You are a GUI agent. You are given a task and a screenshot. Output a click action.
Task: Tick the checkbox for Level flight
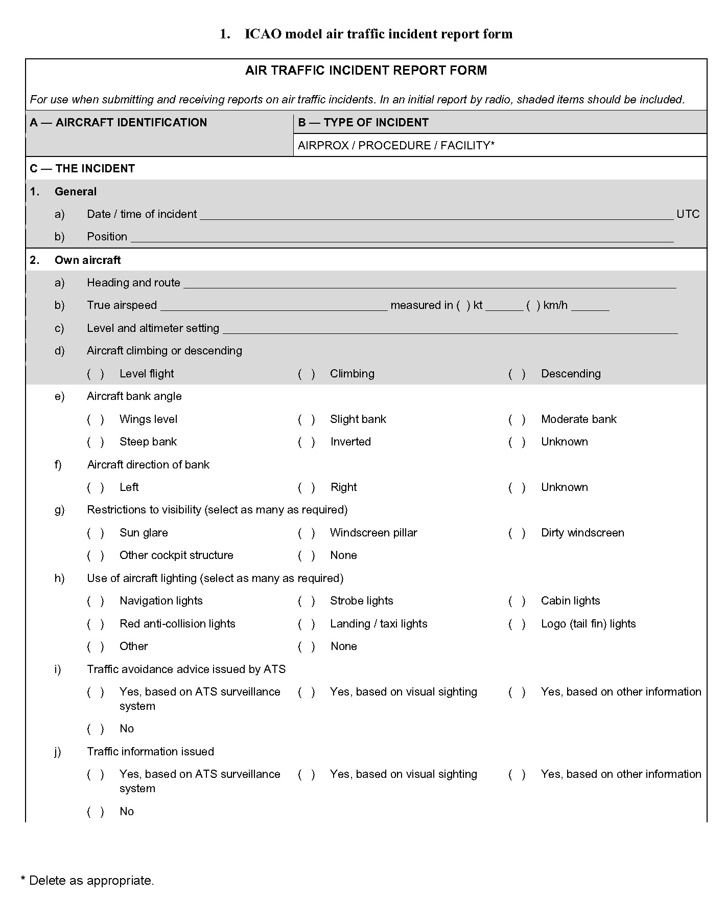click(x=96, y=374)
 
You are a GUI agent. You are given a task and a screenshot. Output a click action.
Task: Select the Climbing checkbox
click(x=307, y=374)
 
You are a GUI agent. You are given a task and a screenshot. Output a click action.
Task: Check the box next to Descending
click(x=517, y=374)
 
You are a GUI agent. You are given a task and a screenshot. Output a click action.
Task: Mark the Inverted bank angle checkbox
click(x=307, y=442)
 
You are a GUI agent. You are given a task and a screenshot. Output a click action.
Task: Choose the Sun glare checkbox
click(x=96, y=533)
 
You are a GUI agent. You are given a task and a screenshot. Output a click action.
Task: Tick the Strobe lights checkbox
click(x=307, y=601)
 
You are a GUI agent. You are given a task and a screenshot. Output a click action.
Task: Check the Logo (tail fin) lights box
click(x=517, y=624)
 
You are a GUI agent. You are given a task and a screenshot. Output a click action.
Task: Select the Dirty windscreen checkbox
click(x=517, y=533)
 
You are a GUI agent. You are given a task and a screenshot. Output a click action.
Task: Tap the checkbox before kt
click(x=464, y=306)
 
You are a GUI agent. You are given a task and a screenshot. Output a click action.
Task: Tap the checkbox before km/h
click(x=533, y=306)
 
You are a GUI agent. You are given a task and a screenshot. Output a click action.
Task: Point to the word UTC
click(x=688, y=214)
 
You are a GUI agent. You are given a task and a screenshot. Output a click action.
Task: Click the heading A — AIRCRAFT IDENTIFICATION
click(x=119, y=123)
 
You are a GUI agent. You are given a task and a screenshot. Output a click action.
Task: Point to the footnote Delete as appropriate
click(x=87, y=881)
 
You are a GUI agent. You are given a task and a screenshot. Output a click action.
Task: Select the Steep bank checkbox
click(x=96, y=442)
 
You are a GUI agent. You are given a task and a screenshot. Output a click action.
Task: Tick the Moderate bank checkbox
click(x=517, y=419)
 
